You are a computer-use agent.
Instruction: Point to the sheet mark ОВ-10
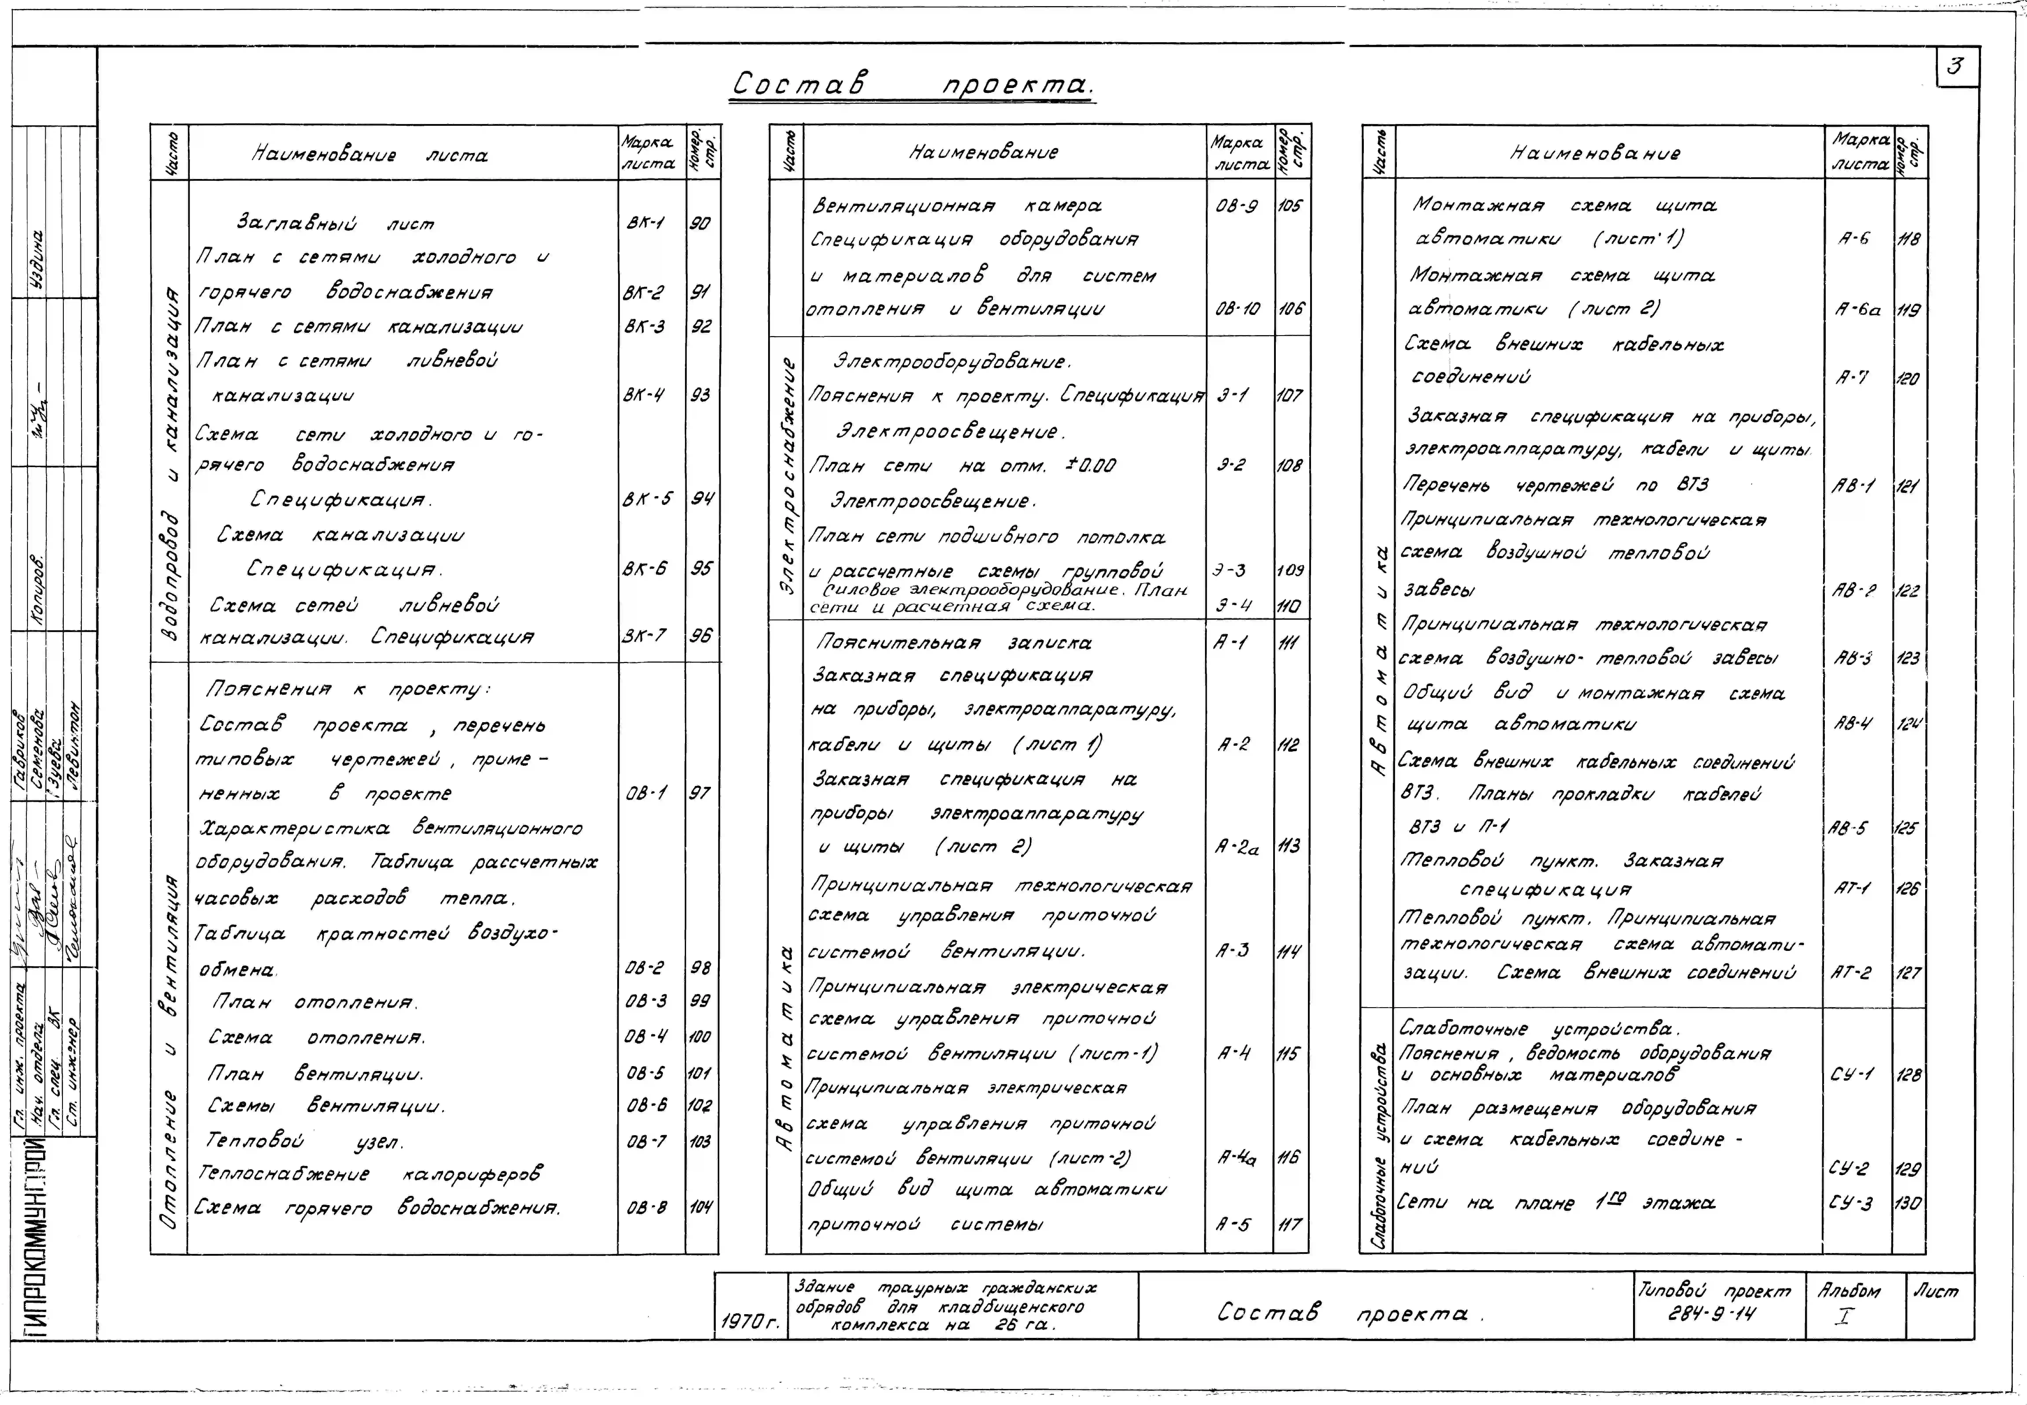[x=1237, y=309]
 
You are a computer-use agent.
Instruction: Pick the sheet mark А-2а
[x=1236, y=847]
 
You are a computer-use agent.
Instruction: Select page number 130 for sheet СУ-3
[x=1907, y=1203]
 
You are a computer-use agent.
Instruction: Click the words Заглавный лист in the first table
[x=335, y=223]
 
